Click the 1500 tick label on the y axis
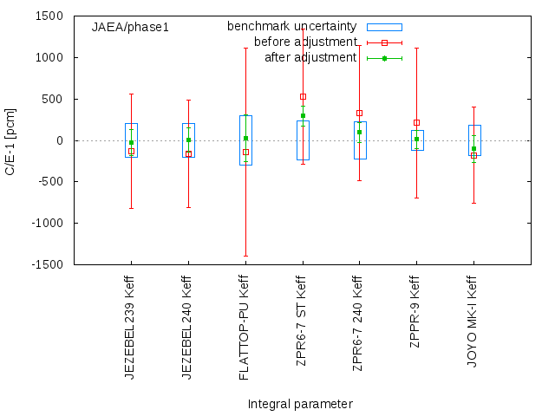48,16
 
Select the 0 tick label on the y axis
59,140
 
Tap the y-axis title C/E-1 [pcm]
10,140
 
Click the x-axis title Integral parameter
300,404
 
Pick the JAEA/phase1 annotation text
130,27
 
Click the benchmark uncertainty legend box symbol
384,27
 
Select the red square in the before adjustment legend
384,42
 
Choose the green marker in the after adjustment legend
384,58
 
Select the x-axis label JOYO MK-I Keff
473,322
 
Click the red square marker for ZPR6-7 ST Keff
303,97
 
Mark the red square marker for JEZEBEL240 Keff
188,154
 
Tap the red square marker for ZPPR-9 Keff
416,122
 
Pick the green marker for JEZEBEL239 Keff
131,143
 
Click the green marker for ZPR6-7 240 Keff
359,133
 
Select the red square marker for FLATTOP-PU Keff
245,153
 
